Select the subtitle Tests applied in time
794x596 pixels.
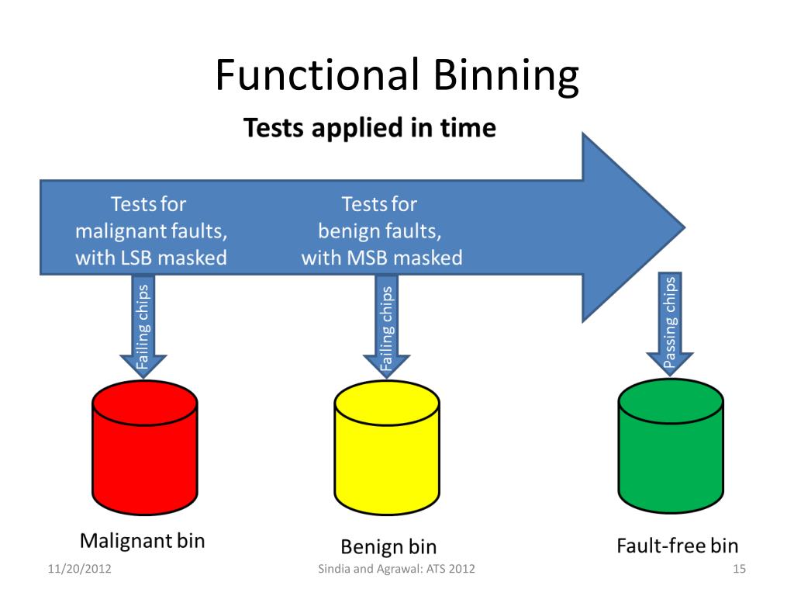370,127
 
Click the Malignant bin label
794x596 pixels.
143,540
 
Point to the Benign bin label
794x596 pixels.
395,546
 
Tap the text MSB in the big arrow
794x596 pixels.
365,258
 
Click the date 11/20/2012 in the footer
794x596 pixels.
75,570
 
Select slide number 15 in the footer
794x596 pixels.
738,570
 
